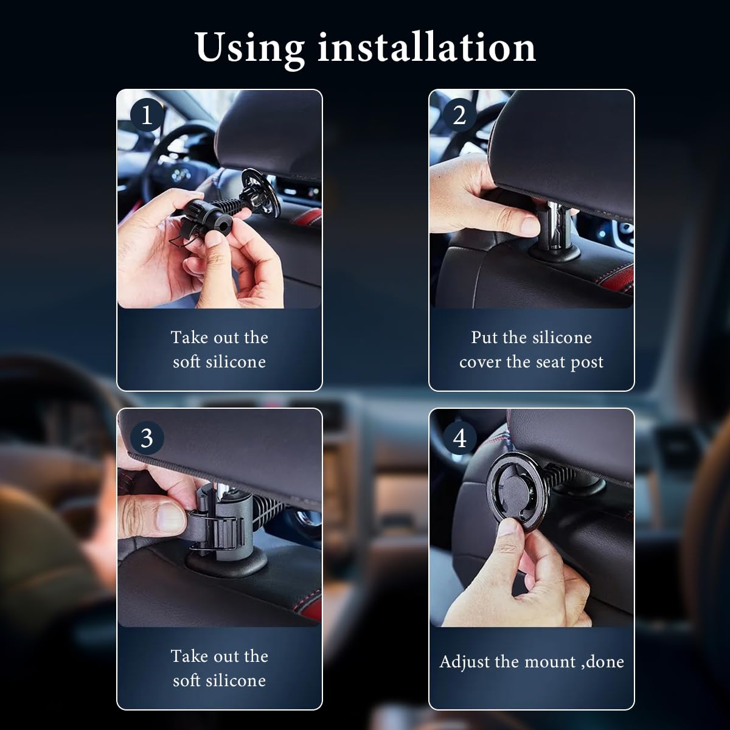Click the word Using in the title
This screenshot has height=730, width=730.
pyautogui.click(x=249, y=47)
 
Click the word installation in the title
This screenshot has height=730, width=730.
pyautogui.click(x=426, y=47)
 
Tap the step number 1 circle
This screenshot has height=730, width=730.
pyautogui.click(x=147, y=115)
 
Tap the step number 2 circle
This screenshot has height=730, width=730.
pyautogui.click(x=459, y=115)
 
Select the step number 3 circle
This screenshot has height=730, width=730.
pyautogui.click(x=147, y=437)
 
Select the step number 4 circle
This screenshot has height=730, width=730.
pyautogui.click(x=459, y=437)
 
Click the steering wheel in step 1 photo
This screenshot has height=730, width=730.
pyautogui.click(x=176, y=158)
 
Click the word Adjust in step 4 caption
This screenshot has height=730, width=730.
pyautogui.click(x=466, y=662)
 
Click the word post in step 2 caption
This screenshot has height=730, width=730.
pyautogui.click(x=587, y=363)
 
